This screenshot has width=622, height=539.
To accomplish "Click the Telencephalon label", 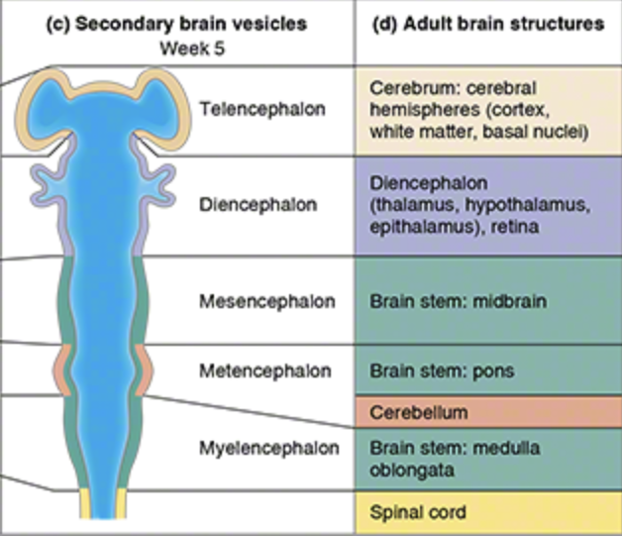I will point(261,109).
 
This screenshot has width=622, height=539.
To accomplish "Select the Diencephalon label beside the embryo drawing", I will point(258,205).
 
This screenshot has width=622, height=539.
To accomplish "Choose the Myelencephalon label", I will point(266,448).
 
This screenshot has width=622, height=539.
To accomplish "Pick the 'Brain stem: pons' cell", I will point(428,372).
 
